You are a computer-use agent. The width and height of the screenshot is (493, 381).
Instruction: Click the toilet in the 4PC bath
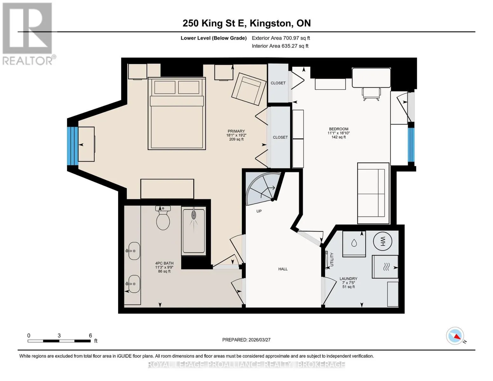(x=163, y=217)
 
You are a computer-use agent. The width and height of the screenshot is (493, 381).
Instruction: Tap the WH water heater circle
(x=383, y=241)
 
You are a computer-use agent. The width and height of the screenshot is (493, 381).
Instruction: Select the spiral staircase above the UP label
(x=263, y=188)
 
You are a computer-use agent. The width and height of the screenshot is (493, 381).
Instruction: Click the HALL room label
(x=283, y=269)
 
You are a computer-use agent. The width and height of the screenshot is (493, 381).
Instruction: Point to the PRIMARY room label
(x=236, y=131)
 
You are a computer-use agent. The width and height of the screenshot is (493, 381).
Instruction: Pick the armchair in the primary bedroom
(x=249, y=89)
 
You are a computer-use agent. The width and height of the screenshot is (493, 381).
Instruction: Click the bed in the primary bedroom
(x=177, y=113)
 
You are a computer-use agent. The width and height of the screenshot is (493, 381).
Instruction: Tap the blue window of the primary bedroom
(x=73, y=146)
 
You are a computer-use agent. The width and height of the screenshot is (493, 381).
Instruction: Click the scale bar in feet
(x=59, y=341)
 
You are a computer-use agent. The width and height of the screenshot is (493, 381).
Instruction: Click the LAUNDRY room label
(x=349, y=279)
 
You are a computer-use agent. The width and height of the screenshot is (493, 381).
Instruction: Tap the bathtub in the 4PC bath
(x=194, y=231)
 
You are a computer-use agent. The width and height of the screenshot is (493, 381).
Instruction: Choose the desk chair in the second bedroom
(x=371, y=94)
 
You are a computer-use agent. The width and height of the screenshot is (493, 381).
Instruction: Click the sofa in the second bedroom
(x=373, y=193)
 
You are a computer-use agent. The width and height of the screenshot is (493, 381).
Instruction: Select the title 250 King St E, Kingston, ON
(x=247, y=23)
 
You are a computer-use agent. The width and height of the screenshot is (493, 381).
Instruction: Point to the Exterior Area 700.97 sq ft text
(x=281, y=38)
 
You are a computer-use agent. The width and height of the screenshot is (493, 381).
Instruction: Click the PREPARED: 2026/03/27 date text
(x=246, y=340)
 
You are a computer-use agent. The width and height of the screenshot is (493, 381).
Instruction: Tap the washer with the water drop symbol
(x=354, y=244)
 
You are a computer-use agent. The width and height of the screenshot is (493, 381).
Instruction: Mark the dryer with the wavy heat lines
(x=385, y=267)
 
